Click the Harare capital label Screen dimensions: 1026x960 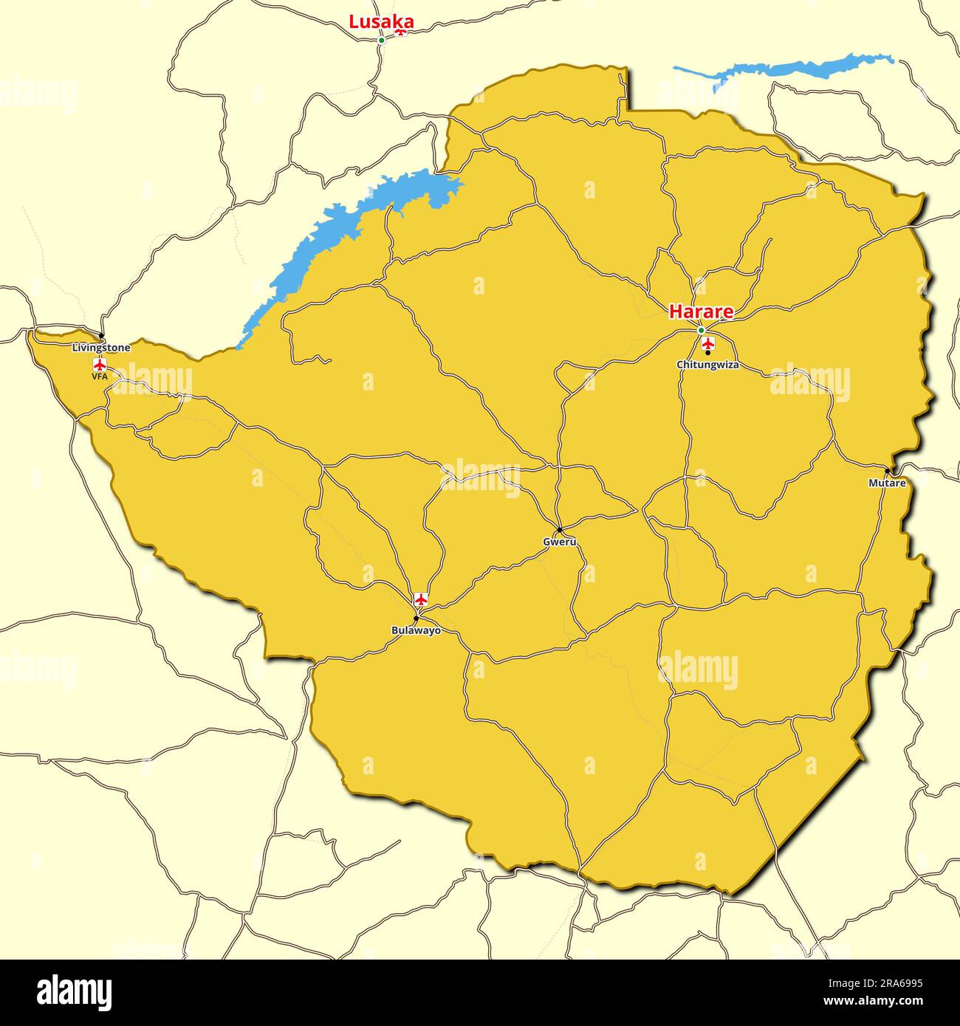point(701,312)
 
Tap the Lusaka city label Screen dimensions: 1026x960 point(371,21)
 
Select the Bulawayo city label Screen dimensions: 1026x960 point(416,630)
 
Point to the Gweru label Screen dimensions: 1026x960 point(559,542)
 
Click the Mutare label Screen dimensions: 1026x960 point(887,483)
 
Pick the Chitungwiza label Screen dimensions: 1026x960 point(707,365)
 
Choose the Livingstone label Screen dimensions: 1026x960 point(101,347)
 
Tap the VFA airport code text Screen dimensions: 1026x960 point(100,376)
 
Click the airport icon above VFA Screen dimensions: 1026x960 point(100,364)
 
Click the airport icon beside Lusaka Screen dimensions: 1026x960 point(401,31)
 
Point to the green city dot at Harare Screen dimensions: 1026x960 point(701,330)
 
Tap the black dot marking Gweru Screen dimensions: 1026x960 point(559,530)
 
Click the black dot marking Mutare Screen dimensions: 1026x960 point(887,471)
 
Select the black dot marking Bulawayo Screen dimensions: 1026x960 point(416,619)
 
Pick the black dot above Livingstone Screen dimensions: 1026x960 point(101,337)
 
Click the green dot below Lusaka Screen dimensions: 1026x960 point(381,40)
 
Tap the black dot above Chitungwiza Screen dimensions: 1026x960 point(707,353)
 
